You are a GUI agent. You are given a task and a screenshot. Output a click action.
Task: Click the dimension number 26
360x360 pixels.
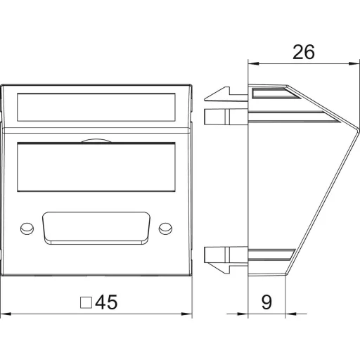click(304, 52)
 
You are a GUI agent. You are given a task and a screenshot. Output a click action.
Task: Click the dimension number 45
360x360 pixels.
click(106, 302)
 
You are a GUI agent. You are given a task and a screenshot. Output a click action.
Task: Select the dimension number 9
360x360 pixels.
click(266, 302)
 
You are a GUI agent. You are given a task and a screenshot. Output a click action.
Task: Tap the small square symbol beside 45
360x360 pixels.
click(86, 302)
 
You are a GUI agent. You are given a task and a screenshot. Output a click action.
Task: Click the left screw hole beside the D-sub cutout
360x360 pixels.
click(27, 229)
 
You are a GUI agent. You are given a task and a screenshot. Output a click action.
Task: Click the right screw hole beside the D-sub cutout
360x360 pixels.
click(165, 229)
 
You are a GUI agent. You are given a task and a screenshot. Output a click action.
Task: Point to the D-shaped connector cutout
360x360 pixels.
click(96, 229)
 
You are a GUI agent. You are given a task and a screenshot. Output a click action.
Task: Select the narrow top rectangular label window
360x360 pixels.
click(96, 108)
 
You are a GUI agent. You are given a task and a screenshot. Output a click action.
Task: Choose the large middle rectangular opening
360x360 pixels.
click(96, 167)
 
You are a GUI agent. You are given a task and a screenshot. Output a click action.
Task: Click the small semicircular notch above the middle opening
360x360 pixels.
click(96, 141)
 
